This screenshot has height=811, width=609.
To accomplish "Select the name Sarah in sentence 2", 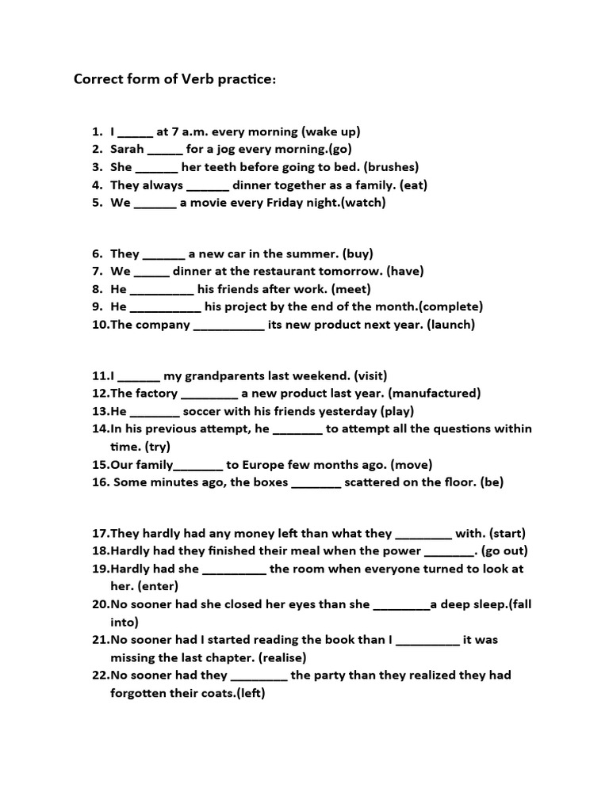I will [127, 149].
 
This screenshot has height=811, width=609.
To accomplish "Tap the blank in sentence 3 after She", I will [156, 167].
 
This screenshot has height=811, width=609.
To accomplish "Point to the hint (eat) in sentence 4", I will [414, 185].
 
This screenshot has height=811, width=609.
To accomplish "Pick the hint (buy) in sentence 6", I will [358, 253].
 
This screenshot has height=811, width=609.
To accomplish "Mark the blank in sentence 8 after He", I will [162, 289].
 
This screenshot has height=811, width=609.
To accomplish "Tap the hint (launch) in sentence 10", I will [450, 325].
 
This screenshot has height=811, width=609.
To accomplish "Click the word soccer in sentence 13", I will [201, 411].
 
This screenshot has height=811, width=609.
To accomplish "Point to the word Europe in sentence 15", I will [265, 465].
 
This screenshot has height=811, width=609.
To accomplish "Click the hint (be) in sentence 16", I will [492, 482].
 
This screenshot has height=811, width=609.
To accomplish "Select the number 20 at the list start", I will [101, 604].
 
